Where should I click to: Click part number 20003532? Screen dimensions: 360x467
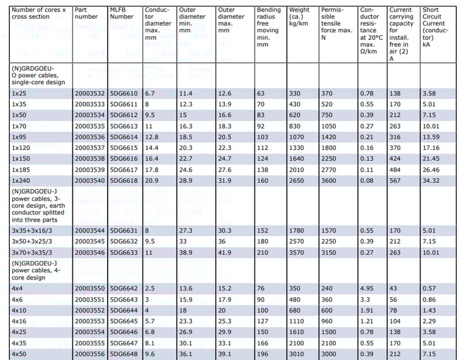(x=89, y=94)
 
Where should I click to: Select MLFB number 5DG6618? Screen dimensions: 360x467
(x=124, y=181)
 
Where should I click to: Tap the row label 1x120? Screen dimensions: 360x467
(x=22, y=148)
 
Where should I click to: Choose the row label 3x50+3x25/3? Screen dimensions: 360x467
(x=32, y=241)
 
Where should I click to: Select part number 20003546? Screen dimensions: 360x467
(x=89, y=252)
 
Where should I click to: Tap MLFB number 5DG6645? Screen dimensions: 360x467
(x=124, y=321)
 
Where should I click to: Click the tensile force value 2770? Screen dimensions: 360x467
(x=329, y=170)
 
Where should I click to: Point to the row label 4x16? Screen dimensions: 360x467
(x=19, y=321)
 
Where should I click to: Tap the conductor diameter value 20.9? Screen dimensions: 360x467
(x=153, y=181)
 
